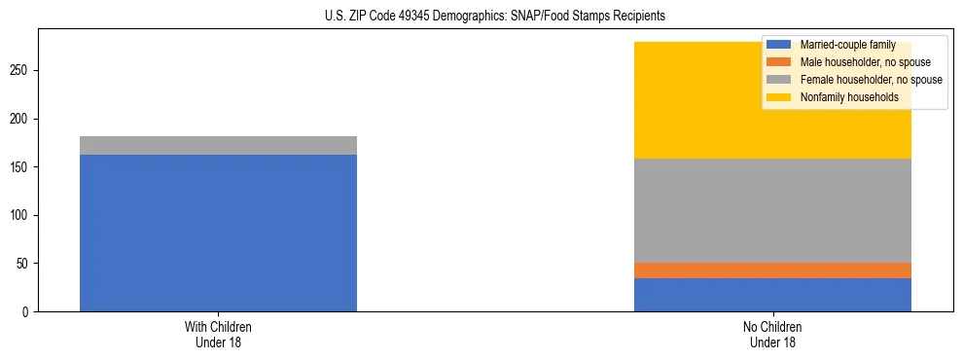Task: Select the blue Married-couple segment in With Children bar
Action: click(218, 233)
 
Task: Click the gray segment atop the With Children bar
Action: click(218, 145)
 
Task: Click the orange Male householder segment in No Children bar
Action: click(772, 270)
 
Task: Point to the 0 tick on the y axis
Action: click(29, 311)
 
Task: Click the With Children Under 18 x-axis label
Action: click(218, 334)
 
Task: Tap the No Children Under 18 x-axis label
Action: click(772, 334)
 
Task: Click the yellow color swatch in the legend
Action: click(779, 97)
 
